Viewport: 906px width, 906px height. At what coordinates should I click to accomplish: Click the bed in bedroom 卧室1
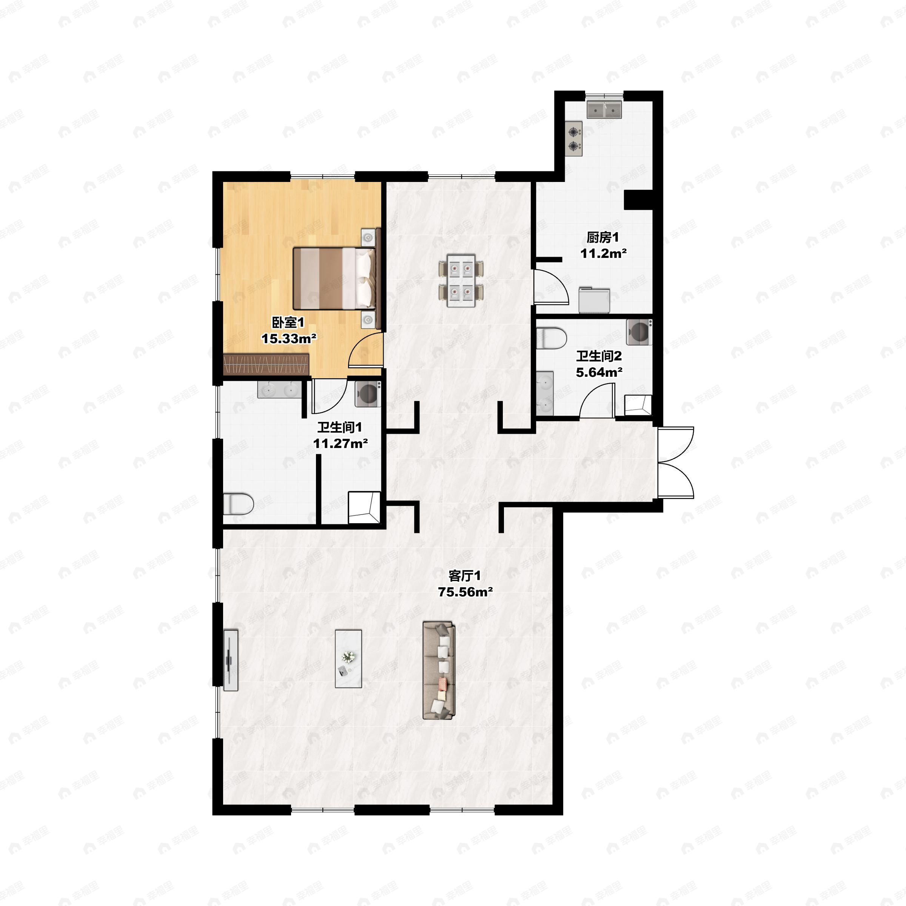point(334,279)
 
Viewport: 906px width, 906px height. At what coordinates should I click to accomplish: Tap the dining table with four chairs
point(461,281)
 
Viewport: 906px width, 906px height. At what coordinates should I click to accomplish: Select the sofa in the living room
point(439,670)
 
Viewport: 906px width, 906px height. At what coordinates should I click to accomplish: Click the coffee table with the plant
point(348,659)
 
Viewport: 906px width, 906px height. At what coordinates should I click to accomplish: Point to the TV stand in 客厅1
point(230,660)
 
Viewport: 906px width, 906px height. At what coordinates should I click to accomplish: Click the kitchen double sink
point(604,110)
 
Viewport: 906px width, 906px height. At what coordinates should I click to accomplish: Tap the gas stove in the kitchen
point(574,139)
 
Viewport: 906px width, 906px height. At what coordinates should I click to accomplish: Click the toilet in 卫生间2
point(551,339)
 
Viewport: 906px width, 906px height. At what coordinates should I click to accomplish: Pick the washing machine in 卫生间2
point(639,332)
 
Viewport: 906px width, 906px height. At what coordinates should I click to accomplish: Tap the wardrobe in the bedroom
point(267,365)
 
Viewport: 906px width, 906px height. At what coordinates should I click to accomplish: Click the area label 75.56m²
point(465,592)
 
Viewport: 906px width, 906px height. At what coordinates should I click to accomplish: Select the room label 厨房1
point(602,237)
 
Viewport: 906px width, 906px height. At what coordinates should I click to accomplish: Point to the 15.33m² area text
point(289,338)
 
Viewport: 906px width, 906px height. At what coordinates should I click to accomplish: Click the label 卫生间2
point(599,356)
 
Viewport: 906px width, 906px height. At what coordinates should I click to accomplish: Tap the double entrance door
point(675,462)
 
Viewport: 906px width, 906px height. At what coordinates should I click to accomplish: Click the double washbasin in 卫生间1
point(279,389)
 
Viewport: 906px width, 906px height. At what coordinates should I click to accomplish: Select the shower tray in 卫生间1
point(364,507)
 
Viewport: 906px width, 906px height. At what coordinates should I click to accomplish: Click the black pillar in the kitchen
point(638,200)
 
